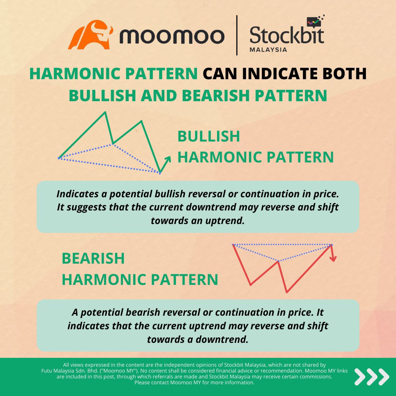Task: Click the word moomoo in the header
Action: pyautogui.click(x=172, y=36)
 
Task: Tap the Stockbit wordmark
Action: pyautogui.click(x=287, y=36)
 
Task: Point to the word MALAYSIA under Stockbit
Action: pyautogui.click(x=268, y=49)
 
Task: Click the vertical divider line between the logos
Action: pyautogui.click(x=237, y=35)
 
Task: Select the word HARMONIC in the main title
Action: pyautogui.click(x=72, y=74)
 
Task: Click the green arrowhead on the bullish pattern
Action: pyautogui.click(x=169, y=158)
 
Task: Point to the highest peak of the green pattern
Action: pyautogui.click(x=106, y=112)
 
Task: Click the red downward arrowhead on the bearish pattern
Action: pyautogui.click(x=333, y=258)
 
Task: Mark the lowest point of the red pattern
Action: pyautogui.click(x=287, y=292)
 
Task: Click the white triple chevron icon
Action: pyautogui.click(x=371, y=377)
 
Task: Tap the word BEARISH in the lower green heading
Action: pyautogui.click(x=93, y=258)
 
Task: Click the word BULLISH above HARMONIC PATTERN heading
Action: pyautogui.click(x=209, y=136)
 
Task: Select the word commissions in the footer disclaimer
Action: pyautogui.click(x=315, y=377)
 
